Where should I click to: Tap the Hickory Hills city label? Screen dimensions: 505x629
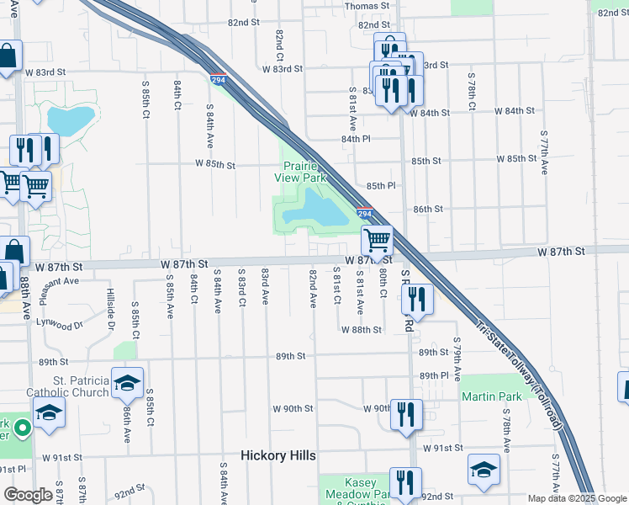pos(277,455)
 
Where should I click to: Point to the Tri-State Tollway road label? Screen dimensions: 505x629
pos(520,375)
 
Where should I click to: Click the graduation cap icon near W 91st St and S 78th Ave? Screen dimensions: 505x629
pos(484,470)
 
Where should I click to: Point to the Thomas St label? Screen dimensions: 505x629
pos(367,6)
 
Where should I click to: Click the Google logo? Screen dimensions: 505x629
pos(28,495)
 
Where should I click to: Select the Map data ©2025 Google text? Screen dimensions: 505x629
pos(576,498)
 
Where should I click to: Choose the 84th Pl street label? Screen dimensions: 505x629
pos(357,138)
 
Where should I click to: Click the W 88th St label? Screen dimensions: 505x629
pos(362,330)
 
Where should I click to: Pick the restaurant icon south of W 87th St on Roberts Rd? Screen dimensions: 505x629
pos(417,299)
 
